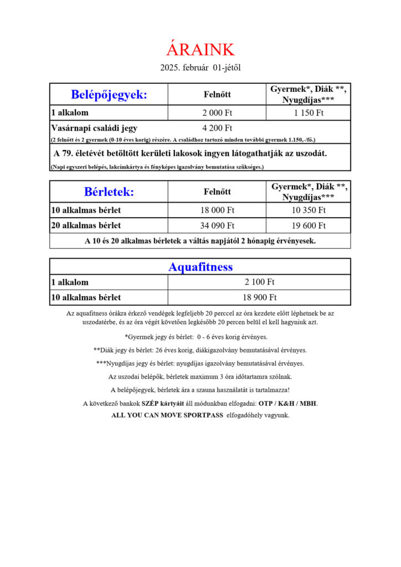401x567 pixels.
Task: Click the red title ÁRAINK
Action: [200, 49]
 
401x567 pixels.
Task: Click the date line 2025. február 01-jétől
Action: [200, 68]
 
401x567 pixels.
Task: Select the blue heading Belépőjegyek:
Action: [109, 94]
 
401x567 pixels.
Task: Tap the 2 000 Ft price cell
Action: [217, 113]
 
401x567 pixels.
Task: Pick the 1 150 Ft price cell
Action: [309, 113]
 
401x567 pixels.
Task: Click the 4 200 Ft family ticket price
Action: [217, 128]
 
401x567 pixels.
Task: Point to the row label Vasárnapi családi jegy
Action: [94, 128]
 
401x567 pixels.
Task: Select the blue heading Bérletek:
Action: [109, 192]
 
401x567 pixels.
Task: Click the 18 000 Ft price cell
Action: [217, 210]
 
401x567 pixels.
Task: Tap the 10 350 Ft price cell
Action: [309, 210]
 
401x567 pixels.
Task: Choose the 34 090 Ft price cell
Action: [217, 225]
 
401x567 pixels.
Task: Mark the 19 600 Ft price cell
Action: [309, 225]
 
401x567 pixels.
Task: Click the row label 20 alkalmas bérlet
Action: [86, 225]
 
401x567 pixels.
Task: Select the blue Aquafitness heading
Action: [200, 267]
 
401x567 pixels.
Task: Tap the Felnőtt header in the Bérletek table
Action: [217, 192]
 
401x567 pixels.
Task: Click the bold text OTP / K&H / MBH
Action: [288, 404]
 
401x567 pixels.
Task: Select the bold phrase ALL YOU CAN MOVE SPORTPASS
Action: [167, 415]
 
